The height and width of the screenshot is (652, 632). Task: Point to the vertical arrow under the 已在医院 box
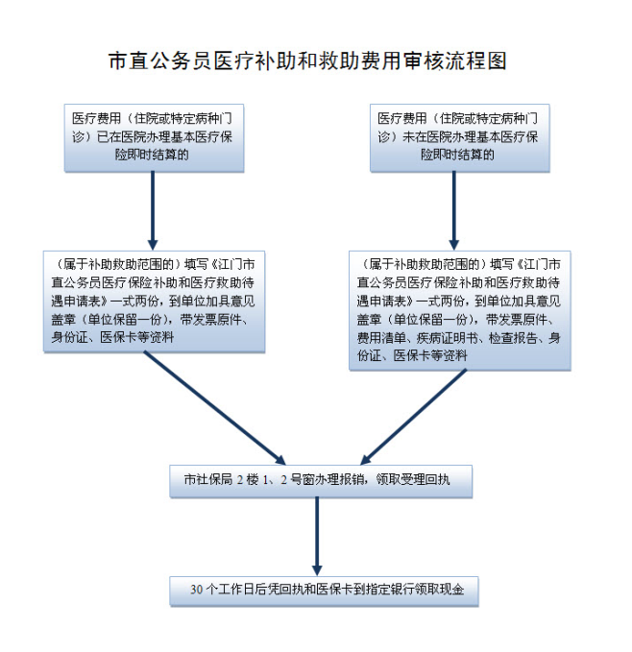[x=153, y=210]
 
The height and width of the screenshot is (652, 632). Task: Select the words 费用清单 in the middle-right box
[x=379, y=338]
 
